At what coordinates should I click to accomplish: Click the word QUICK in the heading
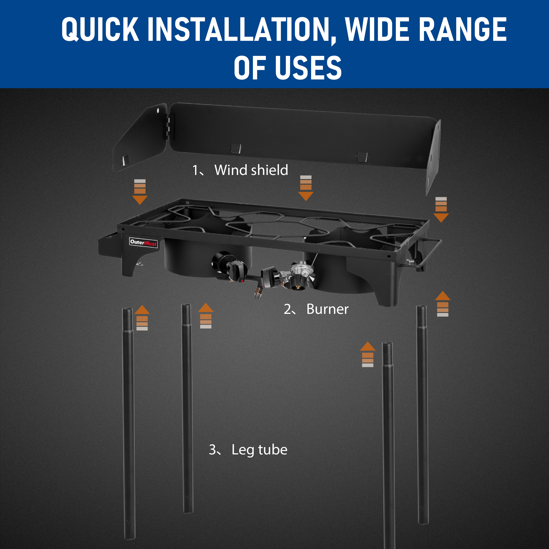[100, 29]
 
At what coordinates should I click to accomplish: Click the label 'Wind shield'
[251, 170]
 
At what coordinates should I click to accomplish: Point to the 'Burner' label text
[327, 309]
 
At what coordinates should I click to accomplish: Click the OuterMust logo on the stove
[143, 242]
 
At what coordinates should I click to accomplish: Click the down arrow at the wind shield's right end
[441, 210]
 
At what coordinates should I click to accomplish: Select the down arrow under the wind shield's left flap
[140, 192]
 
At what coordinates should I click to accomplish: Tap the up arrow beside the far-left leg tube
[142, 318]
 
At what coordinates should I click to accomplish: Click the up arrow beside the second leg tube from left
[206, 316]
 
